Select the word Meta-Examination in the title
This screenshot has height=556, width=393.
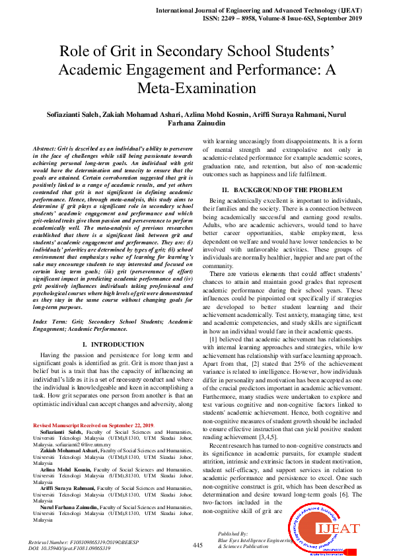tap(196, 88)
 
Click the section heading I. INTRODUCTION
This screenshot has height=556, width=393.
tap(112, 345)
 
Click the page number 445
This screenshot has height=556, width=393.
tap(197, 545)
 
